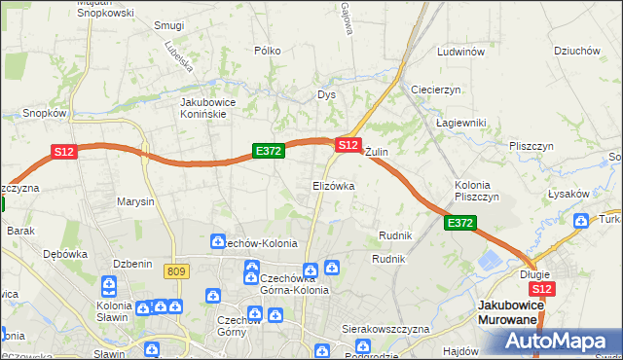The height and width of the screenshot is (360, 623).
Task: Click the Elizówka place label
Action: coord(333,185)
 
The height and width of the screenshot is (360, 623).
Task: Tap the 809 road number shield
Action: coord(176,271)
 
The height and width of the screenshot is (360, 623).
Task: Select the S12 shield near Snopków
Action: coord(64,152)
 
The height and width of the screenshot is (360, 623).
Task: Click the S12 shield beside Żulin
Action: coord(348,144)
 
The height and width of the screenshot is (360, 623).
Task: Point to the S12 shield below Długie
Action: coord(543,289)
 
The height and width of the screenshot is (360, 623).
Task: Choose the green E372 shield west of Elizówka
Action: coord(268,151)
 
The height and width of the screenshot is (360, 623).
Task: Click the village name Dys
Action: coord(326,94)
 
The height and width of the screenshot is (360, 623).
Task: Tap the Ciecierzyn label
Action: coord(435,90)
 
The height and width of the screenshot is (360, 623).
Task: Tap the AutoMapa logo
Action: coord(559,342)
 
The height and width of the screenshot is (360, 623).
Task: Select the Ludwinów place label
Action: coord(461,52)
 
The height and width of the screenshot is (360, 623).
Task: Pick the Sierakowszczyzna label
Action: coord(385,330)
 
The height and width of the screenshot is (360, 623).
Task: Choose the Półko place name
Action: coord(267,51)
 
